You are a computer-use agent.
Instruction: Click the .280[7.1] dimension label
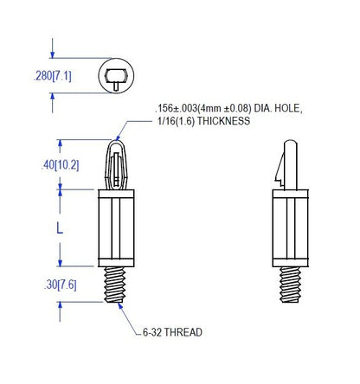point(53,76)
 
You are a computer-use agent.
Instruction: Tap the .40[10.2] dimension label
point(60,165)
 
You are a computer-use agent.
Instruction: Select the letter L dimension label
point(60,228)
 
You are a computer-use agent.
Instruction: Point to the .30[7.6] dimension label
point(61,285)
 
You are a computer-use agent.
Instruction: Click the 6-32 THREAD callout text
point(172,332)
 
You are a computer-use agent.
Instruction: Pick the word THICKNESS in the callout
point(223,121)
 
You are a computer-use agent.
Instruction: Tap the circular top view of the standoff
point(116,75)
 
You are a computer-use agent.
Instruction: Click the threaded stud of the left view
point(114,285)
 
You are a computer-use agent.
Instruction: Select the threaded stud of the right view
point(290,285)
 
